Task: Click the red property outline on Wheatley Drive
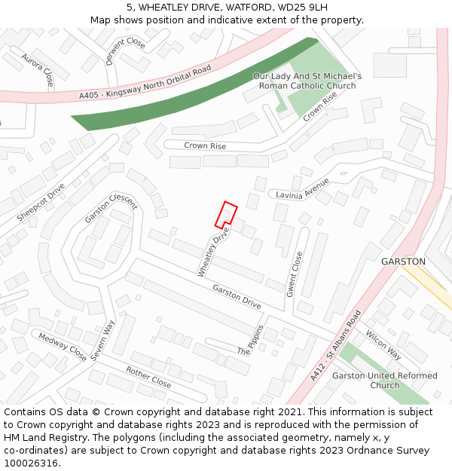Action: click(x=226, y=215)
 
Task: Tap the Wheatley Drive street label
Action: click(x=212, y=252)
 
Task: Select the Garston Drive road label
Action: click(x=237, y=297)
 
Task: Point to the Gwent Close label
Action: click(x=294, y=274)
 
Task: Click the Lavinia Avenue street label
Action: click(x=303, y=189)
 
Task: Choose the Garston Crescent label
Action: click(x=111, y=208)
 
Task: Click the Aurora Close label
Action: click(x=38, y=69)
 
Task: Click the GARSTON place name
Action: click(x=403, y=261)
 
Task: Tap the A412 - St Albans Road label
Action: click(x=336, y=345)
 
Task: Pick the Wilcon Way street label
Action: click(x=383, y=344)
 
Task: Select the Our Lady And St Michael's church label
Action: click(x=307, y=81)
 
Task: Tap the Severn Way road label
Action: click(x=102, y=340)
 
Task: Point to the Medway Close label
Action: click(x=63, y=347)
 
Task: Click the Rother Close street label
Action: click(x=148, y=378)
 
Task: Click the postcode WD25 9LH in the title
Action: click(x=300, y=8)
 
